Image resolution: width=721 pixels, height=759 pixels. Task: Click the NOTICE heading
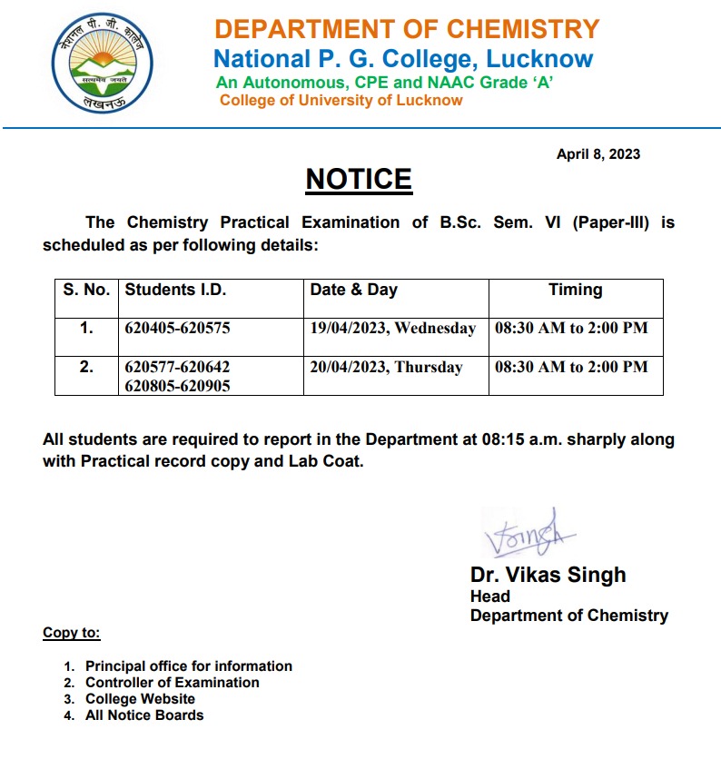pos(359,179)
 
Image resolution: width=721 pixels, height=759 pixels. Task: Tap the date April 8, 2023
pos(598,154)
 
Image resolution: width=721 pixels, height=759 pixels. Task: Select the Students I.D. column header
pos(175,291)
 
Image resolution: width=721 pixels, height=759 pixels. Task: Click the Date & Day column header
pos(354,291)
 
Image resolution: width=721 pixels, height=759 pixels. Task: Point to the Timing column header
pos(575,291)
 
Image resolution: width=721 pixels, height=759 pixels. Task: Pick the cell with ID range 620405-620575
pos(177,328)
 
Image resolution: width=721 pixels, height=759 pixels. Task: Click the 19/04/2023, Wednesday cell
pos(393,328)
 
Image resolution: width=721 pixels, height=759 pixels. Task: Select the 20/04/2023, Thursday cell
pos(387,367)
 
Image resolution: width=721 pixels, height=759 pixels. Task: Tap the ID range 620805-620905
pos(177,386)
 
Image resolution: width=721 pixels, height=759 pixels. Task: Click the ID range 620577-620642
pos(177,367)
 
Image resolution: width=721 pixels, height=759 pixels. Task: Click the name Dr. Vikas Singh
pos(548,575)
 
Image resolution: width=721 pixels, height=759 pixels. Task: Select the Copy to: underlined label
pos(72,633)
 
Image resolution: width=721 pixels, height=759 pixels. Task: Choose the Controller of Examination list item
pos(173,683)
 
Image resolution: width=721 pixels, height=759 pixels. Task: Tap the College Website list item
pos(141,699)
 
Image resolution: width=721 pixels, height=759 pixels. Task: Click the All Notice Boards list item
pos(144,715)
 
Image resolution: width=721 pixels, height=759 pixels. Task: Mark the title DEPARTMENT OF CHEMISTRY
pos(407,29)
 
